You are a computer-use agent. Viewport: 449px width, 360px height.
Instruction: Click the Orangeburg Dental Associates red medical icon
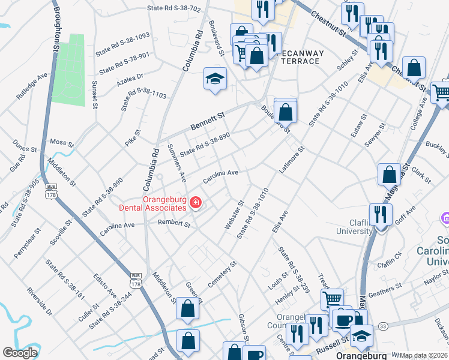pyautogui.click(x=195, y=203)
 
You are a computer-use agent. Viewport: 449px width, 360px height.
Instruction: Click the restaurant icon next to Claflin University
pyautogui.click(x=381, y=214)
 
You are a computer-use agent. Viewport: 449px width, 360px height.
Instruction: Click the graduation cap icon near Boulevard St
pyautogui.click(x=214, y=79)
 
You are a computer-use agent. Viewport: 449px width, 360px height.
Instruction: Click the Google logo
pyautogui.click(x=20, y=352)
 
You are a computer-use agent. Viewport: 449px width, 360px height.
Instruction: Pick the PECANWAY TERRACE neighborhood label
pyautogui.click(x=303, y=58)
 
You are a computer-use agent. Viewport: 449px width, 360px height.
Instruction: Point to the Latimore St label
pyautogui.click(x=292, y=161)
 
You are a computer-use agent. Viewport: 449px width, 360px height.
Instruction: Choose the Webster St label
pyautogui.click(x=234, y=214)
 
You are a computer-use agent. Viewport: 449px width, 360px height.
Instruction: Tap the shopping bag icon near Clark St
pyautogui.click(x=389, y=175)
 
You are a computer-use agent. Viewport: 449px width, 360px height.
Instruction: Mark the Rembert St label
pyautogui.click(x=173, y=224)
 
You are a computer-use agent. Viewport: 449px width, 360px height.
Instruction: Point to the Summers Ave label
pyautogui.click(x=177, y=163)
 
